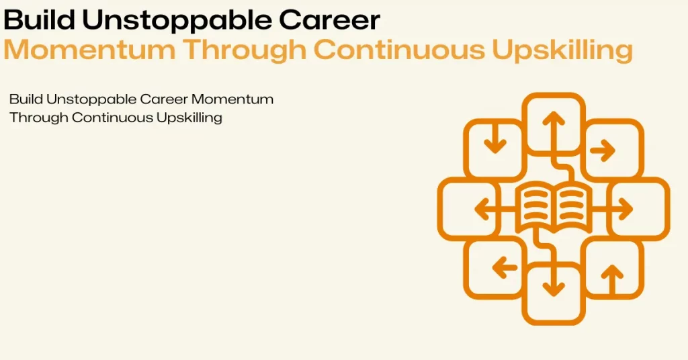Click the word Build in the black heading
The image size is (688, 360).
(x=39, y=19)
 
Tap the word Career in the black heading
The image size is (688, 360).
(x=329, y=20)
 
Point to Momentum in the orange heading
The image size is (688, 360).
(x=89, y=49)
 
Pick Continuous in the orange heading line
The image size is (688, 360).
(x=399, y=49)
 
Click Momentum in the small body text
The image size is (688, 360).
(x=232, y=99)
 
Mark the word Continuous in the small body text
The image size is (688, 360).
(x=113, y=118)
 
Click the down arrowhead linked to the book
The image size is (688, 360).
(x=554, y=289)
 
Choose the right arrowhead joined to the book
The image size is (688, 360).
(x=626, y=209)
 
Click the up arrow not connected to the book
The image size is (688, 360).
(x=612, y=280)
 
